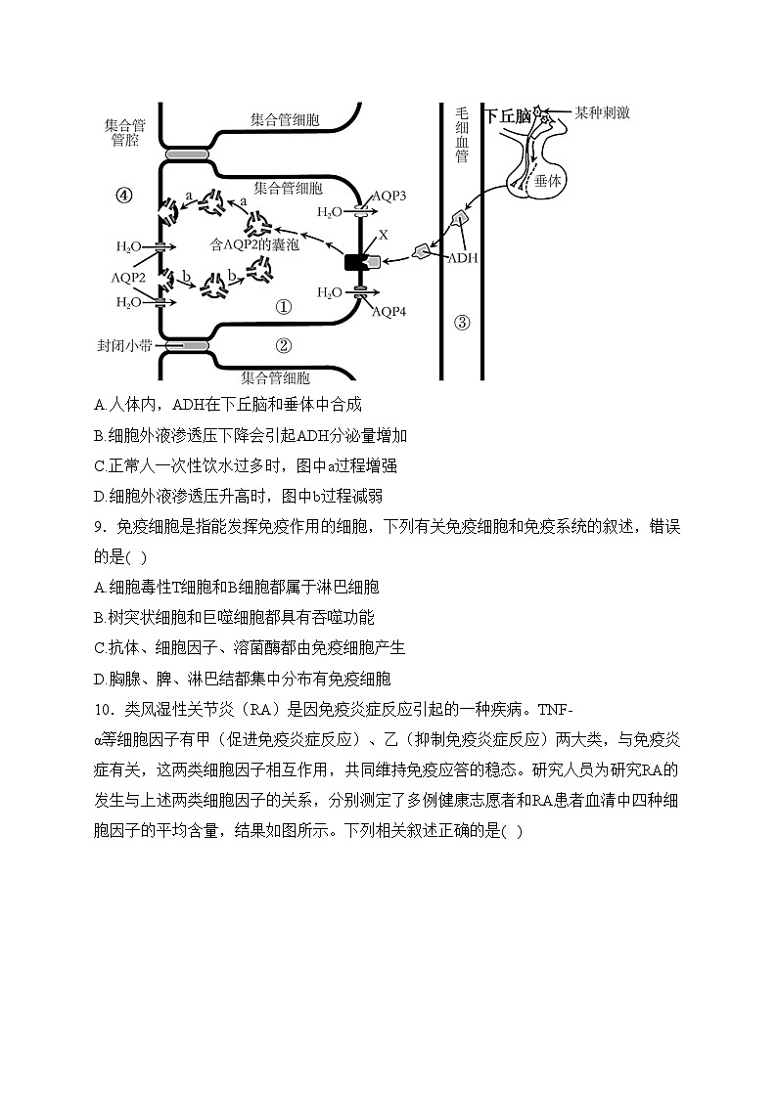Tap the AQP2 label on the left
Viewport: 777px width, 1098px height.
128,277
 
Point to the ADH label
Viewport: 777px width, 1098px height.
462,259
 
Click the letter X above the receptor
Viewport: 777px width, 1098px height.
384,236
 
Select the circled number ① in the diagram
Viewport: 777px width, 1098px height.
283,307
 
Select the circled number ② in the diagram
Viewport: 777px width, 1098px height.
283,344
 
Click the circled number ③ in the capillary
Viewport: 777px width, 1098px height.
462,322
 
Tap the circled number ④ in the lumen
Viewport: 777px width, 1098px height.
123,195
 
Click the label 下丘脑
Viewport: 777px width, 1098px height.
509,115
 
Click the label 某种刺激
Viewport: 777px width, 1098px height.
602,112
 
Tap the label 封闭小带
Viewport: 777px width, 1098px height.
123,345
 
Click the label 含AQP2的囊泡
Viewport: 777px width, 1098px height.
254,243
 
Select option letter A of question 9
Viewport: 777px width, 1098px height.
100,587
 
